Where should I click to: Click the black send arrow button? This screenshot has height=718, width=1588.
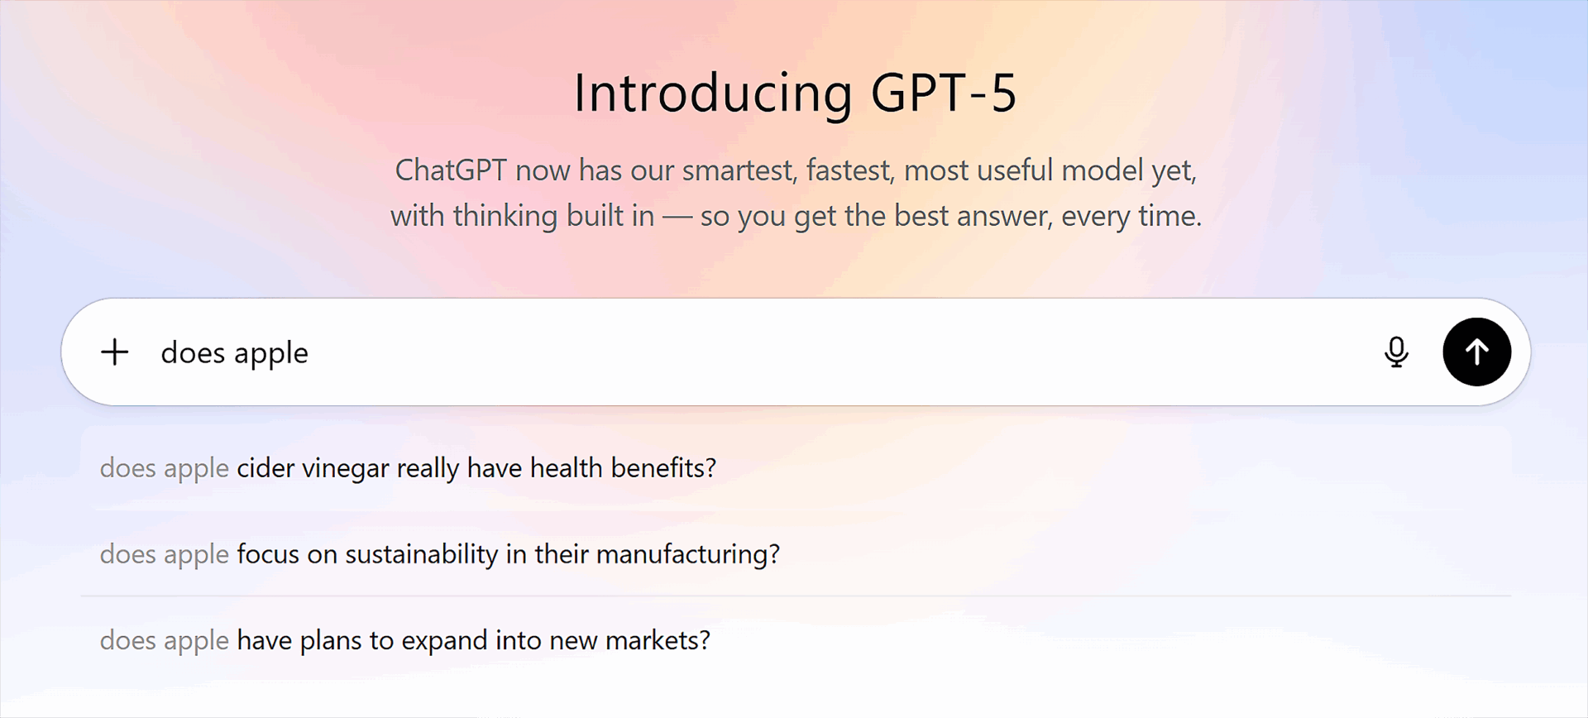(1476, 352)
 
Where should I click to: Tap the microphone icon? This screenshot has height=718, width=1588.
(1396, 352)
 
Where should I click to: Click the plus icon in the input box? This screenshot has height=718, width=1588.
(115, 352)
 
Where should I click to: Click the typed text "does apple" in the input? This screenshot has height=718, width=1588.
(234, 353)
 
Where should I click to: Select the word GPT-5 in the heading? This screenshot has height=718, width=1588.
(944, 93)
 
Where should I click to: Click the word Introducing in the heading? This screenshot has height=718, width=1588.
(713, 93)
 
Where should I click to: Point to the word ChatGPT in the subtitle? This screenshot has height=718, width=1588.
(451, 170)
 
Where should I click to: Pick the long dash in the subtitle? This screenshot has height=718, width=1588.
(677, 217)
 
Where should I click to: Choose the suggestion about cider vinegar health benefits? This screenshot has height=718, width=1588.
(408, 468)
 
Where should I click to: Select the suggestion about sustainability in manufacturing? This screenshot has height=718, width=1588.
(440, 554)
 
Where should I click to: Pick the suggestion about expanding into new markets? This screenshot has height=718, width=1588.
(405, 640)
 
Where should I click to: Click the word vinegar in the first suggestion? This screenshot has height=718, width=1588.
(346, 469)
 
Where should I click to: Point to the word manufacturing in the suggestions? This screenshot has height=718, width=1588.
(688, 554)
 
